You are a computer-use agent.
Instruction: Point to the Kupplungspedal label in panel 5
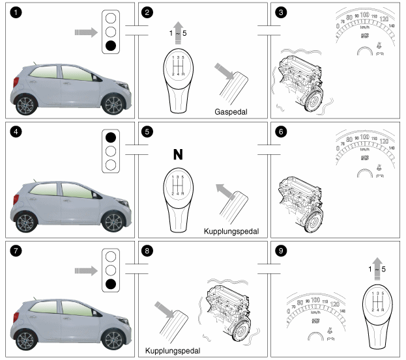[231, 231]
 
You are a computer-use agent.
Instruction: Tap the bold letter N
[177, 154]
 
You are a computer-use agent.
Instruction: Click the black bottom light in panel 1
[111, 46]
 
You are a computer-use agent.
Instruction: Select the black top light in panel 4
[111, 137]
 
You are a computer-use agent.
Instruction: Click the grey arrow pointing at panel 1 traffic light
[86, 31]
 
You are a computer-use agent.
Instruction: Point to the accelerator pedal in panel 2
[231, 84]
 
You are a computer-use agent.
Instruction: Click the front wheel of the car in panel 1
[26, 104]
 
